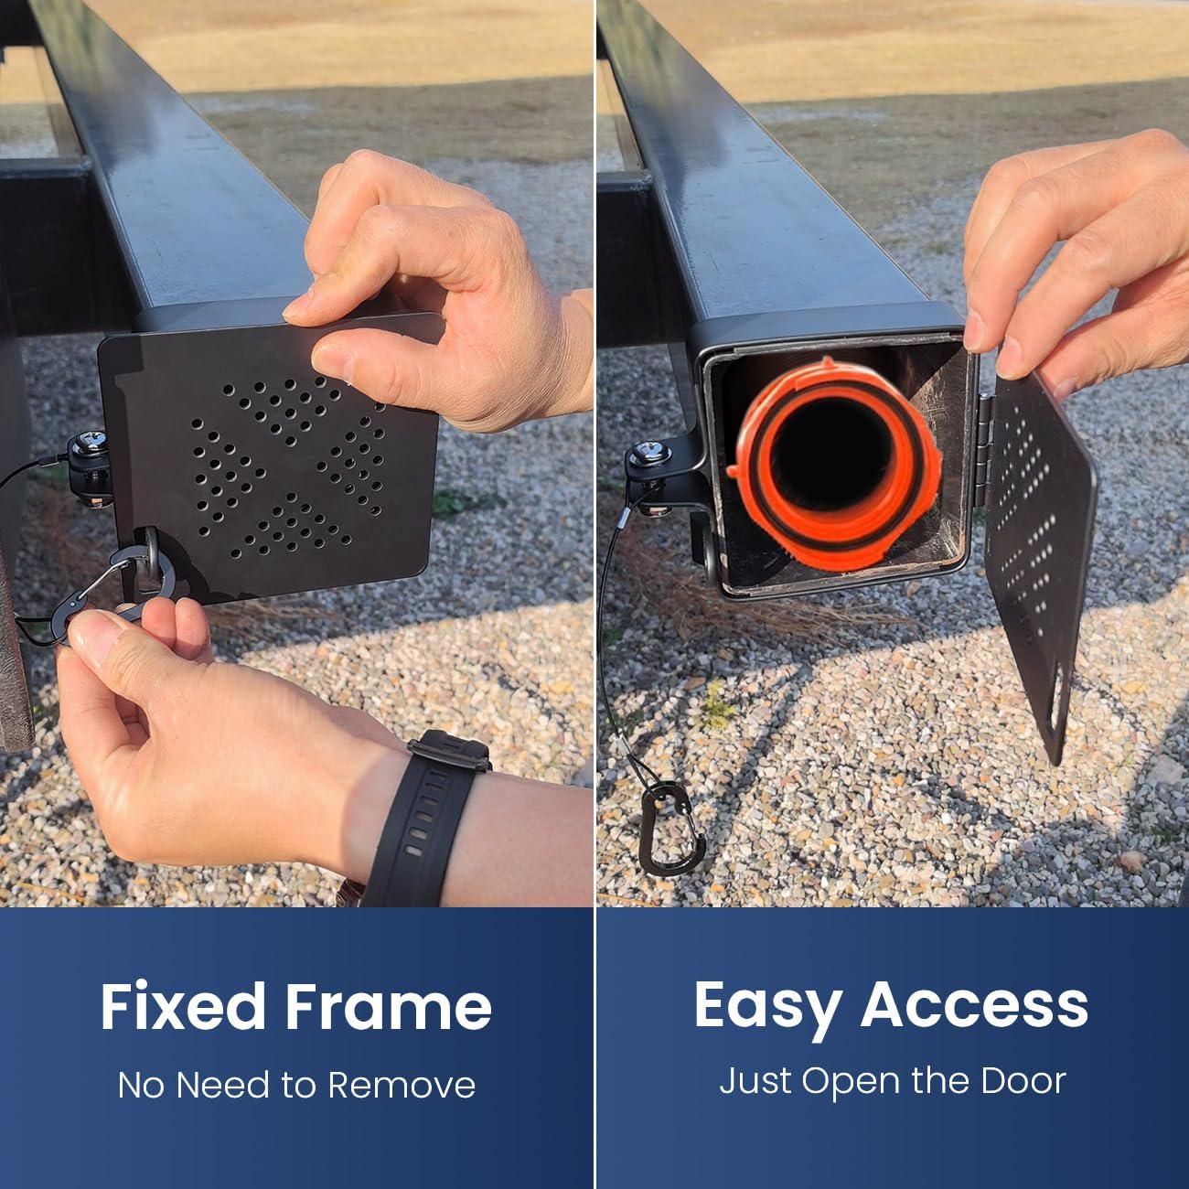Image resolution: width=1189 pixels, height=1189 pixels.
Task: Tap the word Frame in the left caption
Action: click(389, 1007)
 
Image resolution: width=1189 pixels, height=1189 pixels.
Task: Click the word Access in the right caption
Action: click(974, 1003)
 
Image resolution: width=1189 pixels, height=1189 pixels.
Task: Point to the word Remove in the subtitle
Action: click(402, 1085)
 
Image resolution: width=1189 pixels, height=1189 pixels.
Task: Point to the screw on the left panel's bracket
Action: click(88, 442)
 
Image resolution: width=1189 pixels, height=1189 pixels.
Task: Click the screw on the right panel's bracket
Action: click(651, 450)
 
